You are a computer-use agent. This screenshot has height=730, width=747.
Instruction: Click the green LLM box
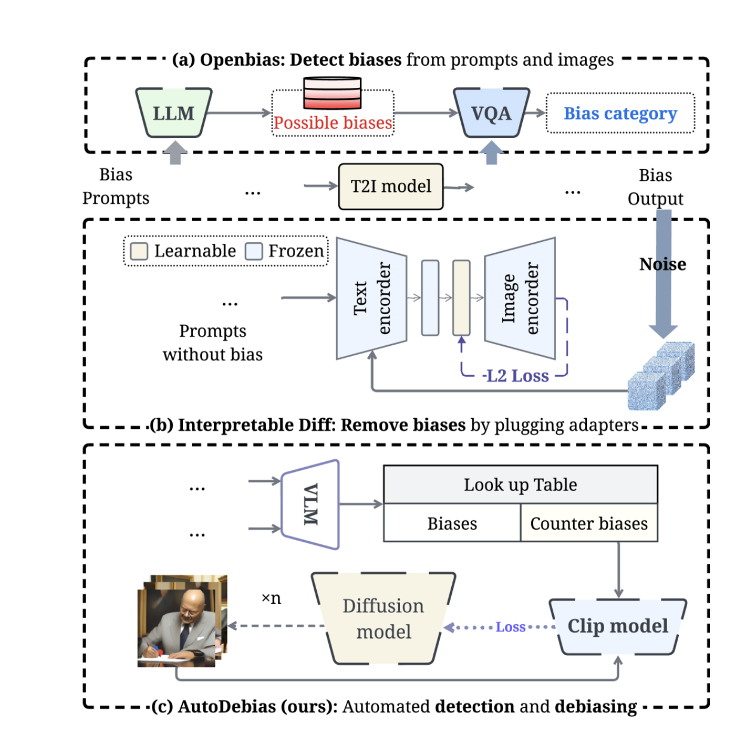point(173,113)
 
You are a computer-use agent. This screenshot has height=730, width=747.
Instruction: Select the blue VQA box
point(491,113)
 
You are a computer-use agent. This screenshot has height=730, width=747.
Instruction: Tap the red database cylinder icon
point(332,93)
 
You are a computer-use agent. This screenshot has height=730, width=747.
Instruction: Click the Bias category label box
point(620,113)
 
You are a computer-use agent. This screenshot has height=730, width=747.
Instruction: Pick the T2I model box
point(391,186)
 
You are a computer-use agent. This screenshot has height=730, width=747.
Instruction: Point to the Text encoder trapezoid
point(371,298)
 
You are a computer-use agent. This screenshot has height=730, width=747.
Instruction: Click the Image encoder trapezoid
point(519,298)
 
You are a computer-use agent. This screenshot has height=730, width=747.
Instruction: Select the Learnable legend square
point(139,251)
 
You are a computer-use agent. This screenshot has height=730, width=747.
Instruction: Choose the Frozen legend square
point(254,251)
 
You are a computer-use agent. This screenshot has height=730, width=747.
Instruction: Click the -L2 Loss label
point(516,376)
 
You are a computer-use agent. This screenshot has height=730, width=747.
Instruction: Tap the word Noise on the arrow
point(662,264)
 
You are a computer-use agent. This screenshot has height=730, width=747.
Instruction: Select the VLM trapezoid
point(310,504)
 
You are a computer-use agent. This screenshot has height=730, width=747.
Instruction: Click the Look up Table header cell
point(520,484)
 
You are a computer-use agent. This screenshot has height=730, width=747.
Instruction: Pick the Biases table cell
point(452,523)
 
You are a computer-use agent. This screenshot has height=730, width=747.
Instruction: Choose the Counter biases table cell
point(589,523)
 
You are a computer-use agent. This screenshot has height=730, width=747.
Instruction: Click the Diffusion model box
point(383,619)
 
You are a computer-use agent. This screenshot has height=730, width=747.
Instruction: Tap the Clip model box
point(617,626)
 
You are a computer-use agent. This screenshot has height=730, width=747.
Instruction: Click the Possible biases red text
point(332,123)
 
